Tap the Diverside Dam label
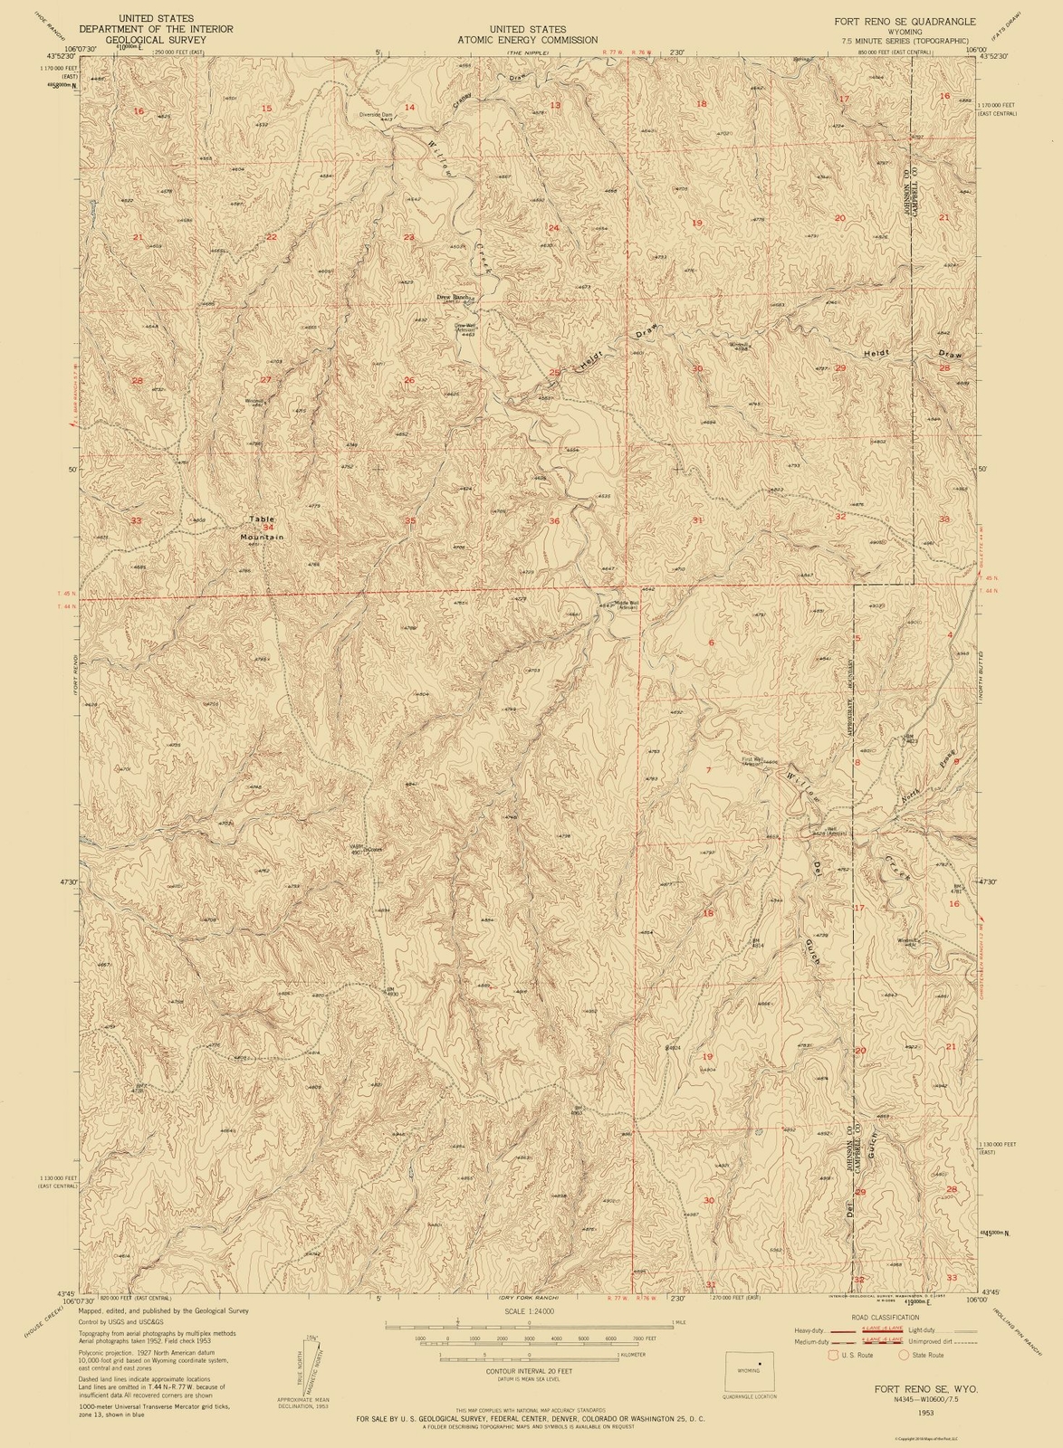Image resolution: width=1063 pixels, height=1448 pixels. pyautogui.click(x=376, y=115)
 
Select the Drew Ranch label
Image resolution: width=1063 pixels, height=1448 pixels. pyautogui.click(x=453, y=297)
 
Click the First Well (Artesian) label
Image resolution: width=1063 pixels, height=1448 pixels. pyautogui.click(x=752, y=761)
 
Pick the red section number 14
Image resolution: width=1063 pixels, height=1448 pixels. pyautogui.click(x=409, y=107)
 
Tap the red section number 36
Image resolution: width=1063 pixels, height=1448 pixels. pyautogui.click(x=554, y=520)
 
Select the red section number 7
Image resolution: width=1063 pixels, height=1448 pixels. pyautogui.click(x=708, y=769)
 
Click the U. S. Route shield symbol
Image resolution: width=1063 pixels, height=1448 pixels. pyautogui.click(x=833, y=1355)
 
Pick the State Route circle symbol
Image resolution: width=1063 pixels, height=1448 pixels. pyautogui.click(x=903, y=1355)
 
